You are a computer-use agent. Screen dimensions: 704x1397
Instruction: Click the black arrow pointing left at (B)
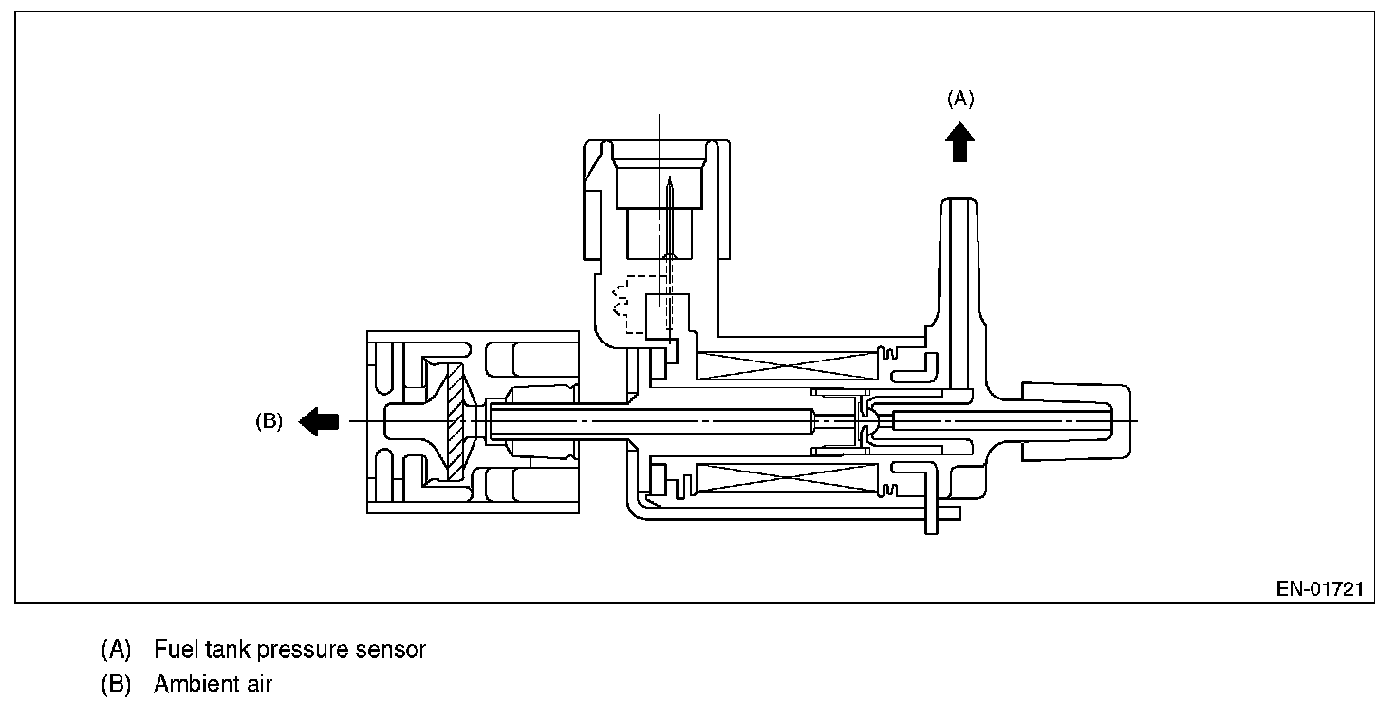318,420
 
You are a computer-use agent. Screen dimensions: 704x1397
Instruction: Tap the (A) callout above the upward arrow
960,98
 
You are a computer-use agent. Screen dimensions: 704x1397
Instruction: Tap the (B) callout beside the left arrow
269,422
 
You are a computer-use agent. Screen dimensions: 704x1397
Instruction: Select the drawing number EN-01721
1319,589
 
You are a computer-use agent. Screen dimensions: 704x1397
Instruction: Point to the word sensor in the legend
389,650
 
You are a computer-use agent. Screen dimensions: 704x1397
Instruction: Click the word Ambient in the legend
196,683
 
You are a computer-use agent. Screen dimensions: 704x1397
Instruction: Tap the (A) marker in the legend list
115,650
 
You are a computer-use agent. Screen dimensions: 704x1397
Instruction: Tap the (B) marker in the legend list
115,683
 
